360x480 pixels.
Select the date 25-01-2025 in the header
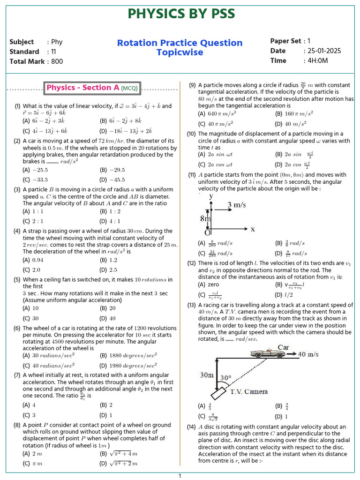pos(324,51)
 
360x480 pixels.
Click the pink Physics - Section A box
pos(82,88)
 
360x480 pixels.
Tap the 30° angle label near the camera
pos(226,378)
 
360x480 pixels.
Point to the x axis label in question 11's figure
pos(252,229)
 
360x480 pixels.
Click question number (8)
pos(17,425)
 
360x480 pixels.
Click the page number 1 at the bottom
pos(180,476)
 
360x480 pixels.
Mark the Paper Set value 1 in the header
pos(308,41)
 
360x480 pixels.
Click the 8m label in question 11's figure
pos(205,218)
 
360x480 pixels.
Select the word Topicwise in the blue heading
pos(180,52)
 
